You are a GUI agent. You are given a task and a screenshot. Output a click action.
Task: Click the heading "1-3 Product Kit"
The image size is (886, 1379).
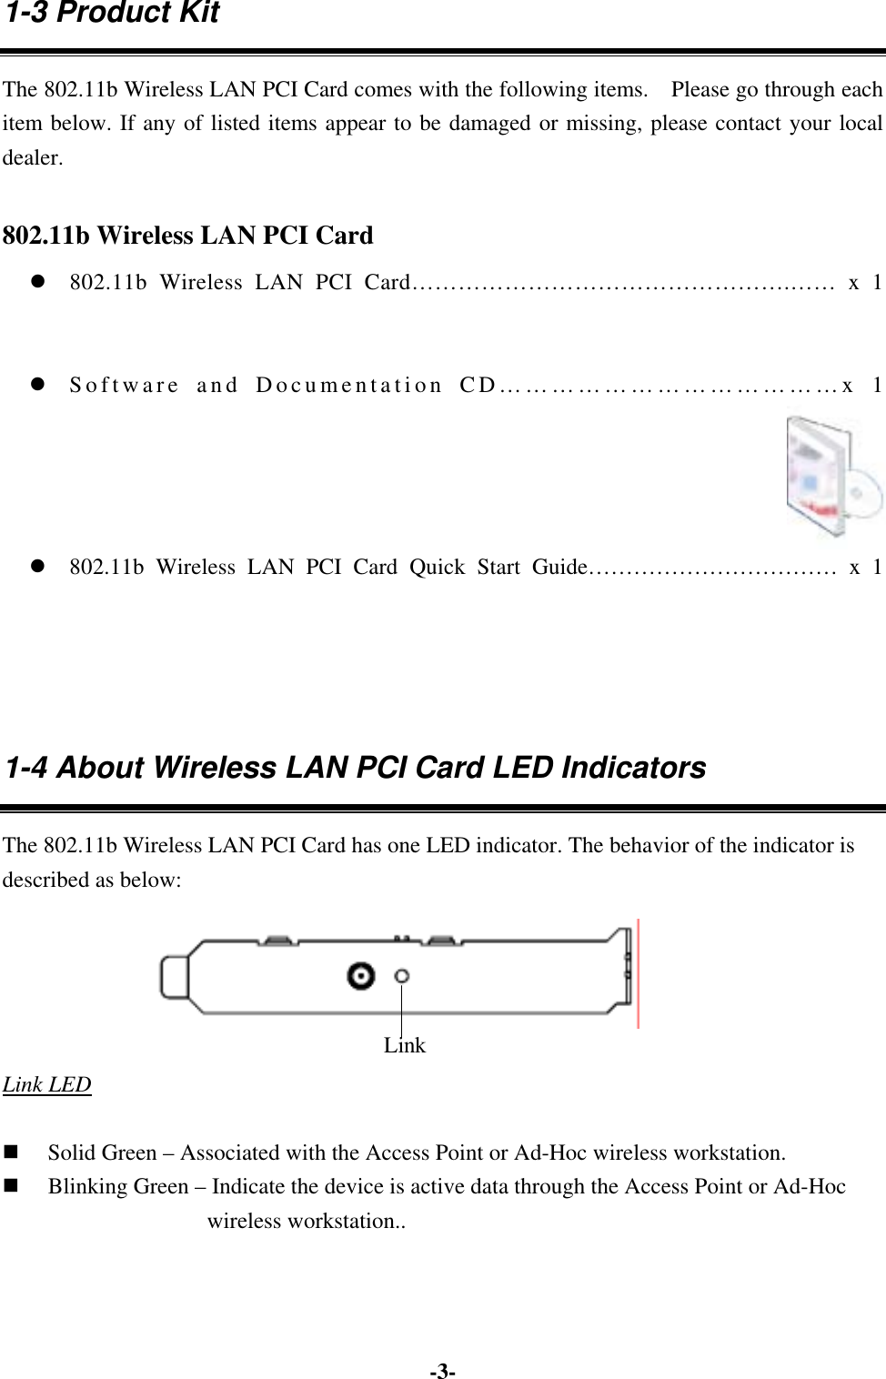tap(112, 14)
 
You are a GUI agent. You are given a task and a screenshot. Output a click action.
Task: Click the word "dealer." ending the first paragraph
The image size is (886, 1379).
tap(34, 158)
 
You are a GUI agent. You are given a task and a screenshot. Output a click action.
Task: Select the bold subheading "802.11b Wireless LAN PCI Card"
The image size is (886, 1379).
tap(188, 236)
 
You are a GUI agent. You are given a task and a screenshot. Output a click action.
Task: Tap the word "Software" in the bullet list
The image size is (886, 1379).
tap(125, 385)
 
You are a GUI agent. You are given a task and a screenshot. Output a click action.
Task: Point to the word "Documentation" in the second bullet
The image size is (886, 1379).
tap(349, 385)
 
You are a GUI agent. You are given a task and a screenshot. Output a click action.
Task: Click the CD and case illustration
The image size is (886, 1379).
tap(834, 478)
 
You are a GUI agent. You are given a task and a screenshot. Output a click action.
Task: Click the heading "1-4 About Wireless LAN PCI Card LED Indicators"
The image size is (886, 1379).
tap(356, 768)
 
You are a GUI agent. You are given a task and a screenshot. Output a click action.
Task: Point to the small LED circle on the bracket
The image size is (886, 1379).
tap(401, 976)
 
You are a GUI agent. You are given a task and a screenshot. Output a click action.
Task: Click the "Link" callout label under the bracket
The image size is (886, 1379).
tap(404, 1046)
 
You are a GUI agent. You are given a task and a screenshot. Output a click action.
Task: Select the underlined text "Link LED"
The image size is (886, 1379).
tap(47, 1084)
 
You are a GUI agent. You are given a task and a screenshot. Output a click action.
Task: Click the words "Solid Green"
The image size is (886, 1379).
tap(102, 1153)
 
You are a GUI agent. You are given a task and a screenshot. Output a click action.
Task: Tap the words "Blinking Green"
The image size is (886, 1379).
tap(118, 1187)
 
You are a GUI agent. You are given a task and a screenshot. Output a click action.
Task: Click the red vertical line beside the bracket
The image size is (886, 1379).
tap(639, 973)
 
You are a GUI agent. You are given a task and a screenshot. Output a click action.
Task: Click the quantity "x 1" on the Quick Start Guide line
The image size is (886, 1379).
tap(864, 568)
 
